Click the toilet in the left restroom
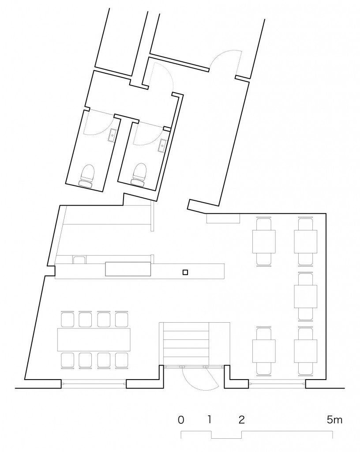coord(86,176)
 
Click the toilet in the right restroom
coord(139,174)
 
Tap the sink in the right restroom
coord(163,145)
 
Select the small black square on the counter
coord(185,272)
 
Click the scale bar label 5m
coord(334,419)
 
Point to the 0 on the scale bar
coord(181,420)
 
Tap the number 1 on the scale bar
coord(210,419)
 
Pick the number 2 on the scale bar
coord(242,420)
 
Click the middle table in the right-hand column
coord(306,297)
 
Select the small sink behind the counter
coord(79,260)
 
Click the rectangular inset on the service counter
coord(128,269)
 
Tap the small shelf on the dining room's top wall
coord(223,218)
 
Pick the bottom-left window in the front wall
coord(94,384)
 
